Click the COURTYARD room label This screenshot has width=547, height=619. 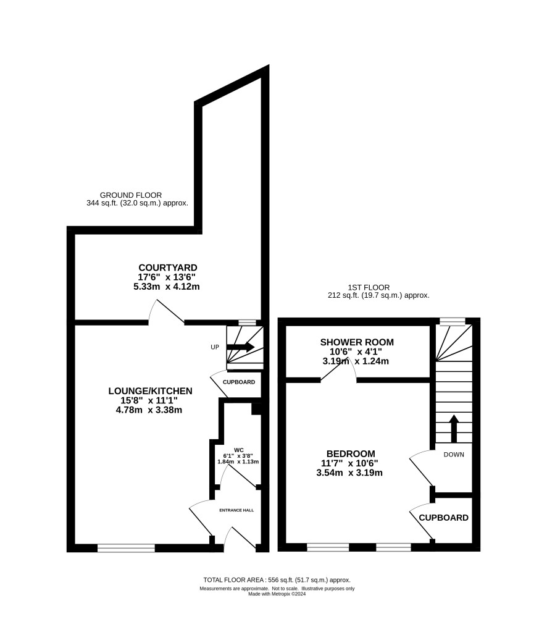point(168,267)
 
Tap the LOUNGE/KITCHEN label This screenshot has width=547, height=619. point(151,391)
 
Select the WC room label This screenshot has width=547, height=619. point(239,450)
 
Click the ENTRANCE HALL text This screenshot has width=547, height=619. point(236,510)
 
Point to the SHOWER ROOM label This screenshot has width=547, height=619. point(357,342)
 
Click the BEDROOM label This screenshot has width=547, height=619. point(351,453)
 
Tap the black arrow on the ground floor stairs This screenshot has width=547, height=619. point(240,347)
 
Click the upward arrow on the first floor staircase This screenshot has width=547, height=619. point(454,428)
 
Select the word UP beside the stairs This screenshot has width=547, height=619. point(215,347)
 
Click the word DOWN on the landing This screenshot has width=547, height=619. point(454,455)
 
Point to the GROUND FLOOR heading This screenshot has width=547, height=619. point(131,195)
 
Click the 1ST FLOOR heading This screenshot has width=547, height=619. point(369,287)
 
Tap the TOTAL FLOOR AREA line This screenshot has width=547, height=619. point(277,580)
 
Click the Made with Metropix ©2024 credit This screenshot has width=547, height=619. point(277,594)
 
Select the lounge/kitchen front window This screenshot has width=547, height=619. point(127,548)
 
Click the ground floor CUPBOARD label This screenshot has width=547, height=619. point(239,382)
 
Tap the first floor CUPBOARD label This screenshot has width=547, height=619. point(444,518)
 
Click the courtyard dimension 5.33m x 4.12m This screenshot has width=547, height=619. point(167,287)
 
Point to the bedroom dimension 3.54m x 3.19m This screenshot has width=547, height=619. point(349,473)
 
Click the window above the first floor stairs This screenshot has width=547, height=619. point(453,322)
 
